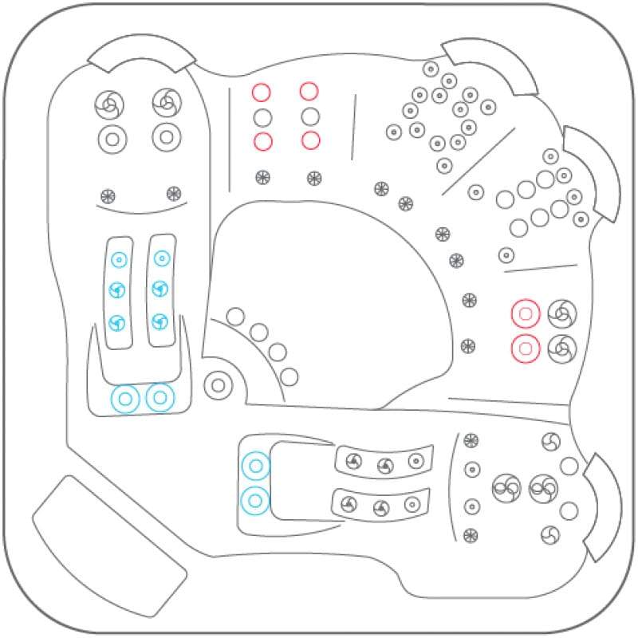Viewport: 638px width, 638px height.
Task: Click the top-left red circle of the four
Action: (x=262, y=92)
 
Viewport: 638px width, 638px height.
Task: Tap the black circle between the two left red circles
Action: (x=262, y=117)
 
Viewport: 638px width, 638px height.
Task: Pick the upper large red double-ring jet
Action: (x=526, y=314)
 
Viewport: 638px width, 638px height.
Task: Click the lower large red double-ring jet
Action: (x=526, y=348)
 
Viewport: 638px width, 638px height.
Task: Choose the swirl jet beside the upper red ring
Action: (x=561, y=313)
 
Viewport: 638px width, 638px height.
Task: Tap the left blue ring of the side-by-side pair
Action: (x=125, y=398)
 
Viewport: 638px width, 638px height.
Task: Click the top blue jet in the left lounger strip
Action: (x=119, y=259)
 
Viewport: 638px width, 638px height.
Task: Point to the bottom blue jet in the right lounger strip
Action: (x=159, y=321)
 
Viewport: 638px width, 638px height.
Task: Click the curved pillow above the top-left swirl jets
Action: (x=141, y=54)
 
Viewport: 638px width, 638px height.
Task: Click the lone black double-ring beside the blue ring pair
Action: (x=217, y=385)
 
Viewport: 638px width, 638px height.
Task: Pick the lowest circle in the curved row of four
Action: (x=289, y=376)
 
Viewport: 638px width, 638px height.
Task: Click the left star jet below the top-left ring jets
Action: (x=108, y=195)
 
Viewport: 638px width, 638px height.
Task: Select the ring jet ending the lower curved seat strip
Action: (x=412, y=504)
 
